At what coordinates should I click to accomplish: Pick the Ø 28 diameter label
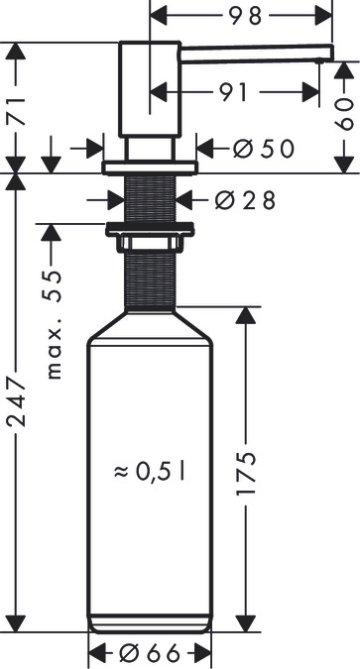tap(245, 199)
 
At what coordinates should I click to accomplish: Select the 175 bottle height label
tap(247, 474)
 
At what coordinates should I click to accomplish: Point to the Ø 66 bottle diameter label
tap(150, 653)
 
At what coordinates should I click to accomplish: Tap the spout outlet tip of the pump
tap(317, 58)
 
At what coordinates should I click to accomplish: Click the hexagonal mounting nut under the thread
tap(149, 237)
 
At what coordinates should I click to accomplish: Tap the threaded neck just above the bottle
tap(150, 278)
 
